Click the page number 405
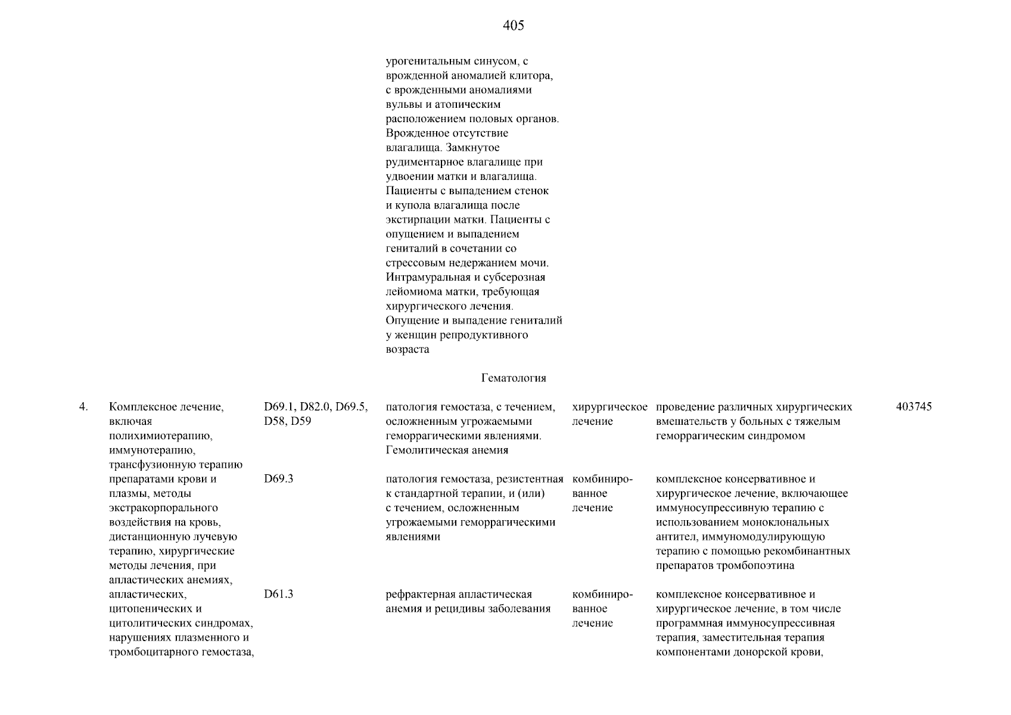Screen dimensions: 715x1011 [x=513, y=25]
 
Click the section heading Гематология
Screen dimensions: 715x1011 [x=513, y=378]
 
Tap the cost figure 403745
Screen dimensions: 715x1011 [x=913, y=407]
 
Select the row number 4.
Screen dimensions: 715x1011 [x=83, y=407]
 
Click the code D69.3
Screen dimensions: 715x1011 [x=278, y=479]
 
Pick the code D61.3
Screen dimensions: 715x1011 [x=278, y=595]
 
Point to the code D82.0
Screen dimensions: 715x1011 [x=316, y=407]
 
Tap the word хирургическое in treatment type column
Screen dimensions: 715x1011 [x=609, y=407]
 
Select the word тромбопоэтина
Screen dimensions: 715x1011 [x=760, y=565]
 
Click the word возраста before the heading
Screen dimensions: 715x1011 [x=407, y=350]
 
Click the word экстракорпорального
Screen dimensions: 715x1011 [x=163, y=508]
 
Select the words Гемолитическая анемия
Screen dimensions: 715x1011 [x=447, y=450]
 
